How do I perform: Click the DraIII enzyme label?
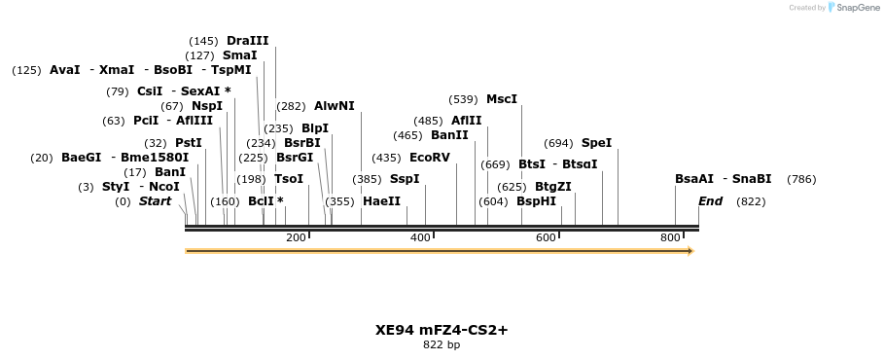click(247, 41)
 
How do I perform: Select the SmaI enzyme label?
click(239, 55)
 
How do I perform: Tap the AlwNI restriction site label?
click(334, 106)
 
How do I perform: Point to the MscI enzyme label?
click(502, 99)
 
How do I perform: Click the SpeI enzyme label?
click(596, 143)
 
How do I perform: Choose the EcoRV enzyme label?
click(430, 158)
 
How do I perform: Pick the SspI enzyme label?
click(405, 179)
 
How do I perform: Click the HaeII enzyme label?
click(381, 201)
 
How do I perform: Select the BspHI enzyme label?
click(536, 201)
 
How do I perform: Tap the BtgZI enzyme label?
click(553, 187)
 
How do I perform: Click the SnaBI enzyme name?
click(752, 179)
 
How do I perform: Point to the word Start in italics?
click(155, 201)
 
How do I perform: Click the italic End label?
click(710, 201)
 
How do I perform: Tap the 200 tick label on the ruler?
click(296, 238)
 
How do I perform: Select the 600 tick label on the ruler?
click(546, 238)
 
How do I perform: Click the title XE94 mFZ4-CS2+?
click(442, 330)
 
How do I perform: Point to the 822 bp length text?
click(442, 345)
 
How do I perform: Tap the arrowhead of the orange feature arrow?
click(690, 251)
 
